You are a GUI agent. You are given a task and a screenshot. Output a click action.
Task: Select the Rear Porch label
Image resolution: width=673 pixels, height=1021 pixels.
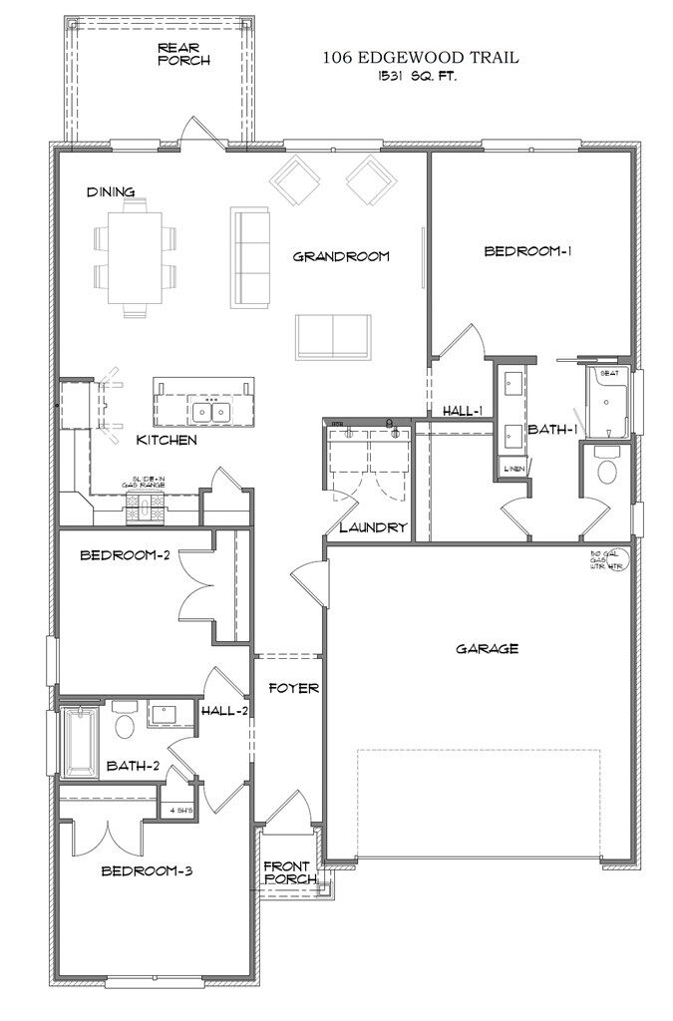point(183,54)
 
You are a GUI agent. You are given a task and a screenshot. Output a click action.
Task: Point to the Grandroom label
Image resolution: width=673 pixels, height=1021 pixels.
point(340,256)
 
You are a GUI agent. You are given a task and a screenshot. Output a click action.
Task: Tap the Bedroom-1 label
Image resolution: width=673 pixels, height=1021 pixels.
point(526,251)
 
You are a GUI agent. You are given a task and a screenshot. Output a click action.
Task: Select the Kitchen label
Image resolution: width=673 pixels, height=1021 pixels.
point(167,440)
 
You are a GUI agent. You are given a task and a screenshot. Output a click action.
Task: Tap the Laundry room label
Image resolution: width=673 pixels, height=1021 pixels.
point(373,527)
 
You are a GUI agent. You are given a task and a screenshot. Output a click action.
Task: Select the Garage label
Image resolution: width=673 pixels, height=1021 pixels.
point(487,649)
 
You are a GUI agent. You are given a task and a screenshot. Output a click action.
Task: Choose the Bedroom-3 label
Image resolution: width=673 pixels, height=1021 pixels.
point(147,870)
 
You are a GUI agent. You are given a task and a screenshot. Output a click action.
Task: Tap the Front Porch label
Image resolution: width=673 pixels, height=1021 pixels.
point(289,872)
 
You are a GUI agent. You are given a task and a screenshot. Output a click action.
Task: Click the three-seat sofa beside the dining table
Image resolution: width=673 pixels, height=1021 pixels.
point(250,256)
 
